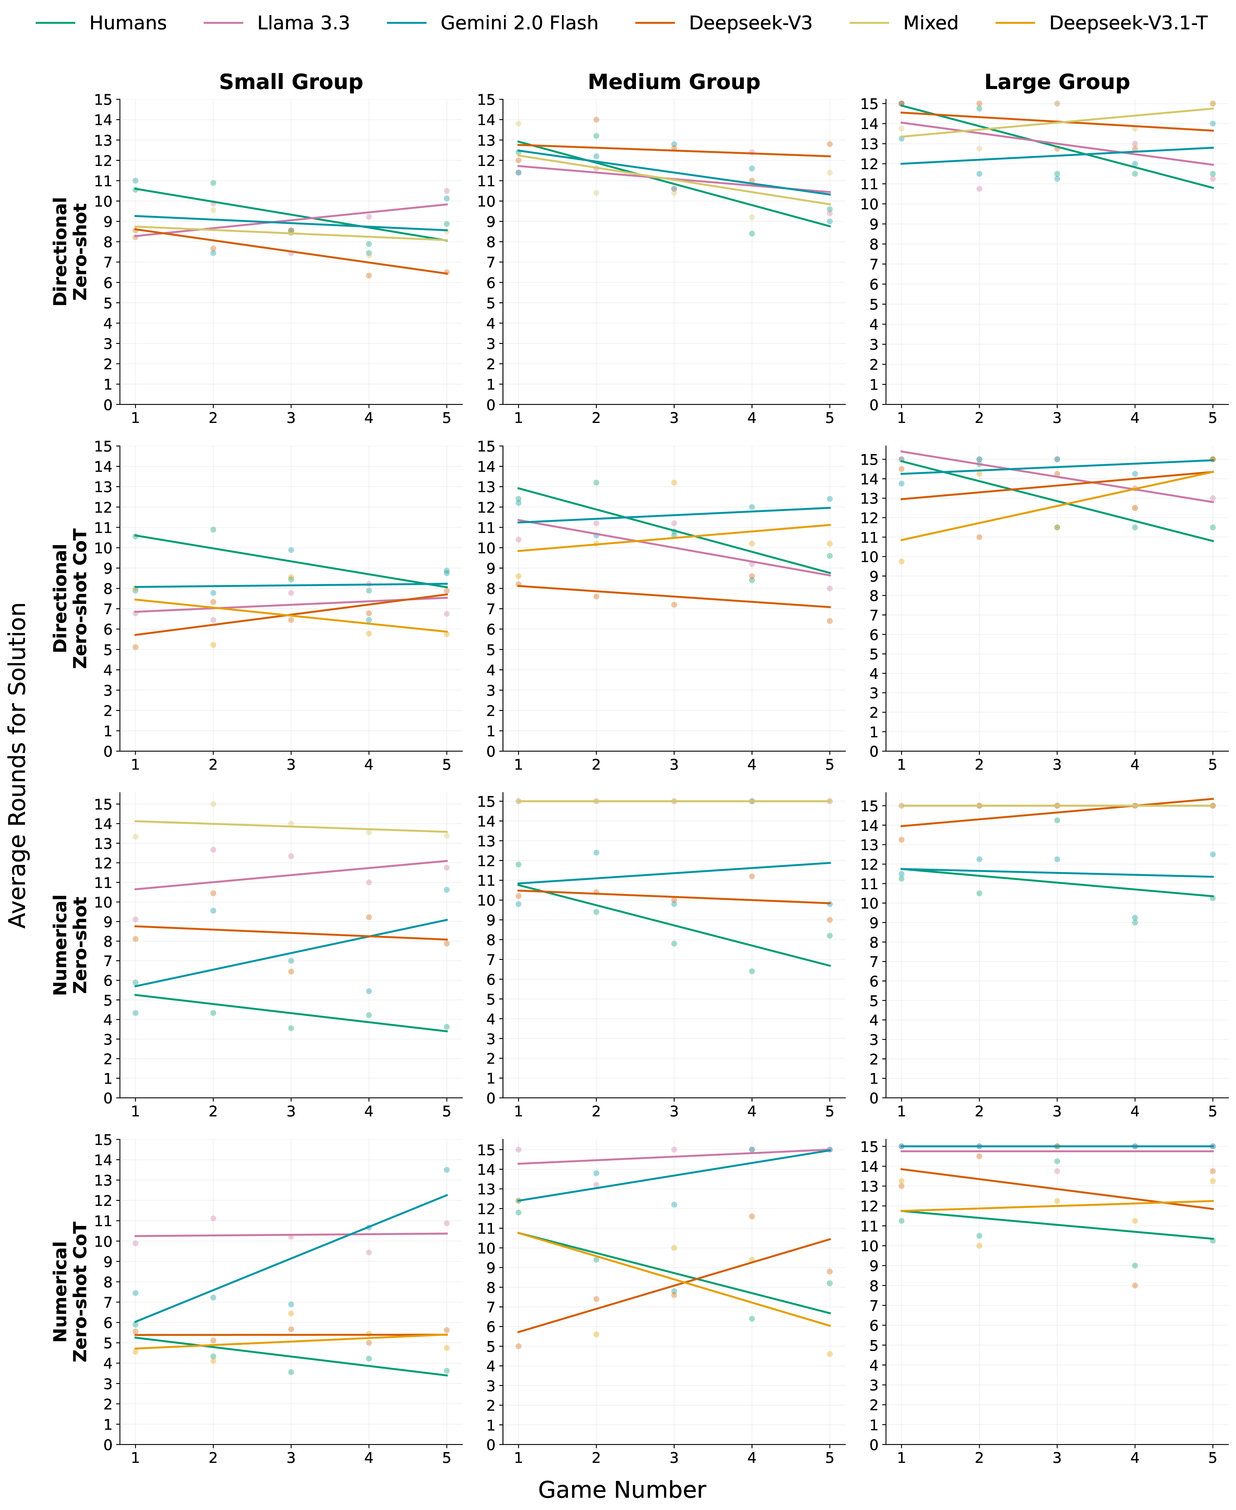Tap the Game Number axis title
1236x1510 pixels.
pos(622,1489)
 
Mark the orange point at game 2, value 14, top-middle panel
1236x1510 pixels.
pos(596,120)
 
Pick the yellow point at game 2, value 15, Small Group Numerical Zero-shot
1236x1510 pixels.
pos(213,804)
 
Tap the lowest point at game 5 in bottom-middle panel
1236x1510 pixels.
pos(829,1354)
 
